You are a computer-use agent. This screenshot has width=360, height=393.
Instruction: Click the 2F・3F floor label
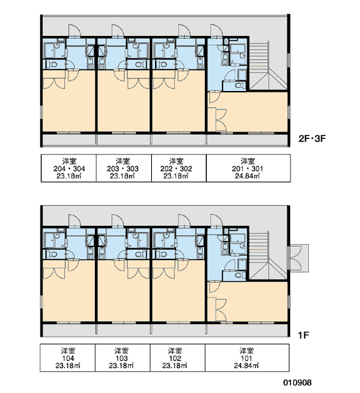pos(312,138)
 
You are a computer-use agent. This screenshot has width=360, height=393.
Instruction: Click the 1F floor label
pos(304,335)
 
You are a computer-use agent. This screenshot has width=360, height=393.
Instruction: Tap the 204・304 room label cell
pos(69,168)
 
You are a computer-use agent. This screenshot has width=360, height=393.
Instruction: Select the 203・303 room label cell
pos(124,168)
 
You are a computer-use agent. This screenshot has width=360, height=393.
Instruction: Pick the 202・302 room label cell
pos(179,168)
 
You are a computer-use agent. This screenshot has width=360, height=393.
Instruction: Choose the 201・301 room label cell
pos(248,168)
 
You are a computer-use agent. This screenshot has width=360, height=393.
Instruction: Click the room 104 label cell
pos(67,358)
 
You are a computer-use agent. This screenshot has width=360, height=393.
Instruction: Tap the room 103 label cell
pos(123,358)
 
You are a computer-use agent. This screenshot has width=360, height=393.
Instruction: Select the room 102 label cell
pos(177,358)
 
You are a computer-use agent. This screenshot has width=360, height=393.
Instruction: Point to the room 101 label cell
pos(247,358)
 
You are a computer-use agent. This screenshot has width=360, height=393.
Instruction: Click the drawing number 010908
pos(297,383)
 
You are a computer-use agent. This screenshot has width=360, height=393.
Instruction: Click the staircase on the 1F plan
pos(268,255)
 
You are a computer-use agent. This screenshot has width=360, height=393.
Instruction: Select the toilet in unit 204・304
pos(52,64)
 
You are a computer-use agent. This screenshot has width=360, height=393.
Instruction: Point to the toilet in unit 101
pos(240,275)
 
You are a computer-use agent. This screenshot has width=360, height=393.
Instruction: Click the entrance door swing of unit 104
pos(75,220)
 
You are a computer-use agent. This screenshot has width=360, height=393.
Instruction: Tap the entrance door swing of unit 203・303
pos(118,31)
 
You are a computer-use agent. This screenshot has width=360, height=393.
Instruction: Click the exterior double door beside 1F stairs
pos(298,258)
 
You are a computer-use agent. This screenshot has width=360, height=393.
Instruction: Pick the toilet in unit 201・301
pos(240,85)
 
